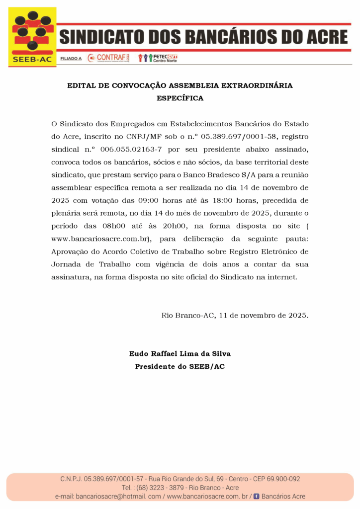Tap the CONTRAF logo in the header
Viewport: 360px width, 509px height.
click(x=108, y=58)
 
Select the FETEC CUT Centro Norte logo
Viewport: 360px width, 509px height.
click(x=158, y=58)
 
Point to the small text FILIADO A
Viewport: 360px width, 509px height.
click(x=71, y=59)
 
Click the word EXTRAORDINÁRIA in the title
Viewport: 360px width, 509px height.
click(x=257, y=85)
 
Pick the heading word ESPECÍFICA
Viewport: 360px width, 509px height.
click(x=180, y=98)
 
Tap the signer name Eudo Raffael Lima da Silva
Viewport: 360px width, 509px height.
click(x=180, y=354)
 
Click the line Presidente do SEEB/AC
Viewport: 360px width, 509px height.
click(x=180, y=367)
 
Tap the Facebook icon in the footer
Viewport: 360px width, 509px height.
click(x=257, y=497)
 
